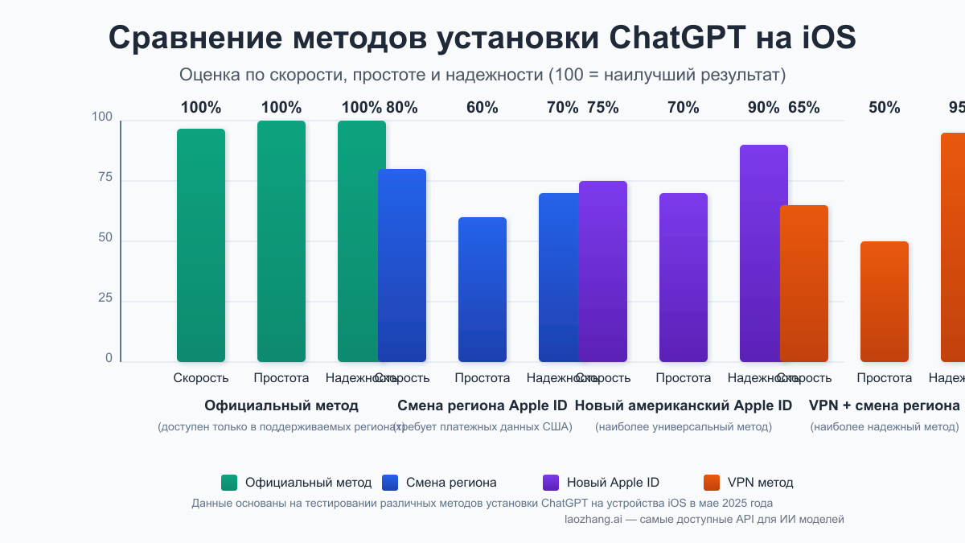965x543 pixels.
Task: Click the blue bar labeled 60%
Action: (482, 290)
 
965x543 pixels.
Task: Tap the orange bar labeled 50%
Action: (885, 302)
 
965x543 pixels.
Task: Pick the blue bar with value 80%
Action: (402, 265)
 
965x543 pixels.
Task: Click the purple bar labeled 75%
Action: (603, 271)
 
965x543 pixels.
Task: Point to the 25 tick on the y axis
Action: (105, 298)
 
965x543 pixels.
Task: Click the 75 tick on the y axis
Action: (105, 178)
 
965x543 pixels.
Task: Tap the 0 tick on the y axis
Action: (109, 359)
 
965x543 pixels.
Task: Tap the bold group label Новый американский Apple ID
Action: (684, 405)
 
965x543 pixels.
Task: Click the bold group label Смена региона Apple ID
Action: (482, 405)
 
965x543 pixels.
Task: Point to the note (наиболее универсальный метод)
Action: (684, 426)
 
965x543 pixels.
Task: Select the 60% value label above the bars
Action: (482, 108)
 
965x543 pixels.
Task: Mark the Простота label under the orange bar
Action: (885, 378)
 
